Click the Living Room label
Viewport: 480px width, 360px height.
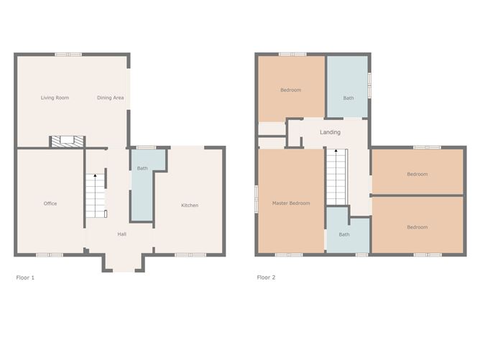[x=55, y=98]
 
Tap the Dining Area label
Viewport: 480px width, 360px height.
[x=110, y=98]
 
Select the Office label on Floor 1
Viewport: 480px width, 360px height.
[x=50, y=203]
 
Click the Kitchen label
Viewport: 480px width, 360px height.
[x=190, y=206]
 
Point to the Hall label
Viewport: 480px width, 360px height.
[x=121, y=234]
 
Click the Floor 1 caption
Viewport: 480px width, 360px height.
[x=25, y=277]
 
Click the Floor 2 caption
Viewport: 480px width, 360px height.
[x=266, y=277]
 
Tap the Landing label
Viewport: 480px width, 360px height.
[x=330, y=132]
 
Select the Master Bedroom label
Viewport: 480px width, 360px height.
[x=291, y=203]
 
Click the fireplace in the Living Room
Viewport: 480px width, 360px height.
[x=68, y=142]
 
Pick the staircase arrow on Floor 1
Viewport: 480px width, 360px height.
[x=96, y=176]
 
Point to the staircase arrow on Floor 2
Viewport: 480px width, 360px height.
[x=334, y=152]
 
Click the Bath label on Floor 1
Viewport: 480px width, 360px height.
[x=142, y=168]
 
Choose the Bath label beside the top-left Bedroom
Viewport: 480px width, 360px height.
[x=349, y=98]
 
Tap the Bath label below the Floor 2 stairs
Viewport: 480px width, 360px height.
[x=344, y=234]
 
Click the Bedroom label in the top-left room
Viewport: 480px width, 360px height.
[x=290, y=90]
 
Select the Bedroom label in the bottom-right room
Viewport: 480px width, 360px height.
[x=417, y=227]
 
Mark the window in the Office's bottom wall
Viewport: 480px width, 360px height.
[x=50, y=254]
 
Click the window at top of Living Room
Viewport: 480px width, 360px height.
[x=68, y=54]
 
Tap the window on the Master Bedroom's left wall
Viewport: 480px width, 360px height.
[x=257, y=198]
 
